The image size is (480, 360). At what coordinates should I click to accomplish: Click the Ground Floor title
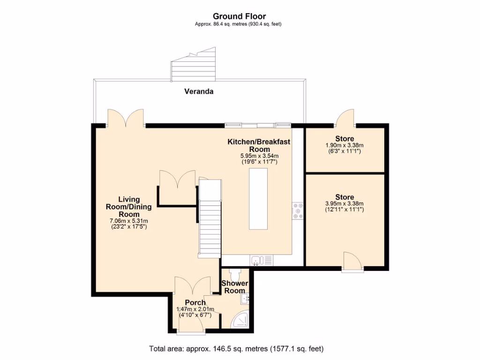239,16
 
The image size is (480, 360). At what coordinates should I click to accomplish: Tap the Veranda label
198,91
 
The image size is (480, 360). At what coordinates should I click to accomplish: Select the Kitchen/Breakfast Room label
259,145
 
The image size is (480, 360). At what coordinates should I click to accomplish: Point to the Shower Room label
234,287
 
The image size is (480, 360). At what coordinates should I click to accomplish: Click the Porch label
195,302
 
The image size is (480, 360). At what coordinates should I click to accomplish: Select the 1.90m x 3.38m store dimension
345,145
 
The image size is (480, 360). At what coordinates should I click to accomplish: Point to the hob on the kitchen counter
298,211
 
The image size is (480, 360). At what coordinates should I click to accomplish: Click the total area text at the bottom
236,349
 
